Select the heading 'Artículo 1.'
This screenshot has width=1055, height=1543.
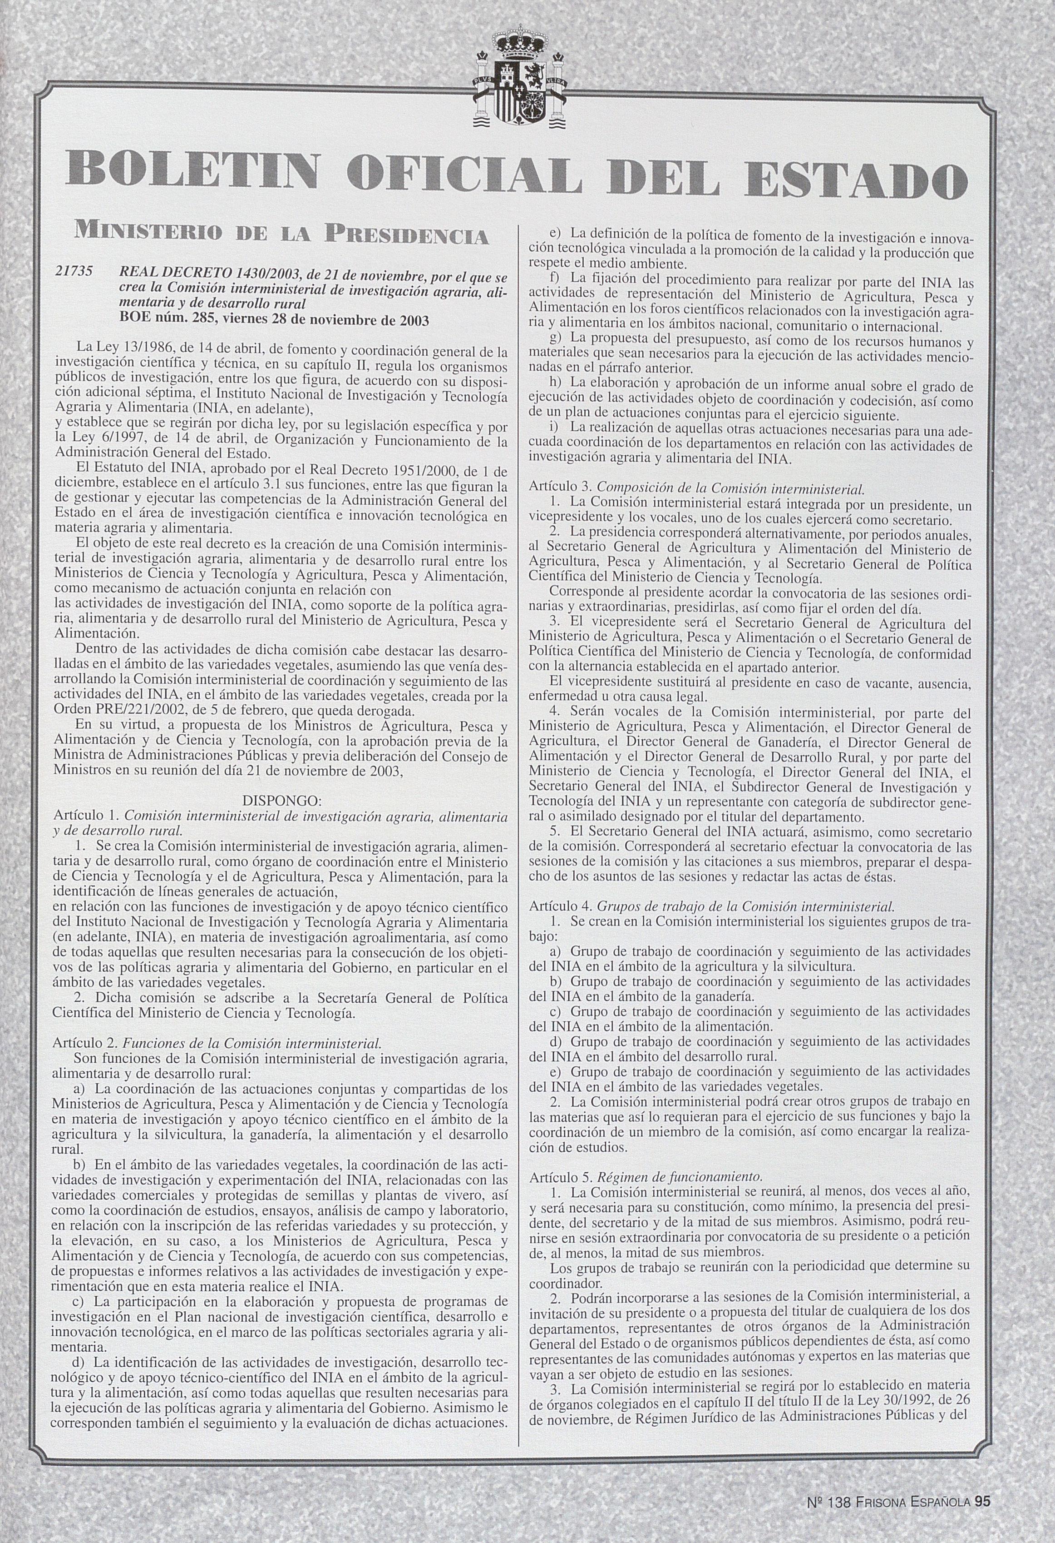87,815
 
